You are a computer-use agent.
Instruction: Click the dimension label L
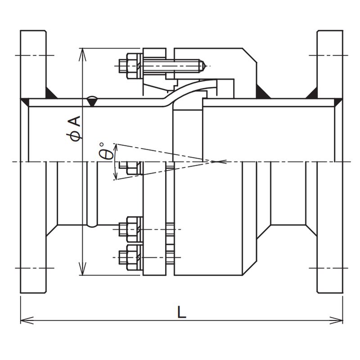tap(182, 311)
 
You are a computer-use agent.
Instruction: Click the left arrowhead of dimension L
tap(27, 320)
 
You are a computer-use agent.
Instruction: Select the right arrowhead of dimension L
tap(336, 320)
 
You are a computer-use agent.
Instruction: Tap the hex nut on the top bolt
tap(132, 66)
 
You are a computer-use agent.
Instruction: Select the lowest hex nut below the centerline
tap(132, 257)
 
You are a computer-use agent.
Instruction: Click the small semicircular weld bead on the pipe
tap(92, 101)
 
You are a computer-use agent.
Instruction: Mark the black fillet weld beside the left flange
tap(52, 93)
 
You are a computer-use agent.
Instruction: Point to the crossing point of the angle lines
tap(216, 162)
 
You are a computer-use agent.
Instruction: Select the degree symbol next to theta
tap(102, 144)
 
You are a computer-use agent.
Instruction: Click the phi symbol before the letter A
tap(76, 135)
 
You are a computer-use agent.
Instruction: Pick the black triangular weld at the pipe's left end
tap(25, 103)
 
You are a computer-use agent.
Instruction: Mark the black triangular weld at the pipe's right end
tap(338, 103)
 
